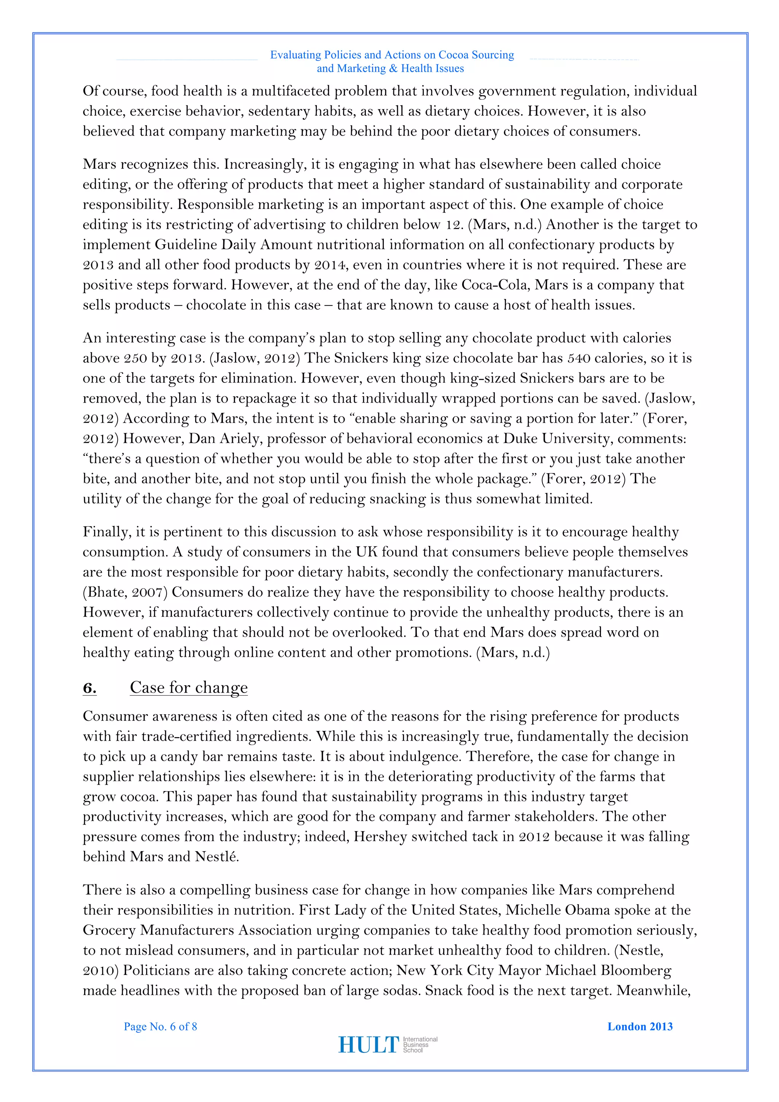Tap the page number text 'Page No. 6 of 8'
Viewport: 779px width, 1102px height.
(x=160, y=1026)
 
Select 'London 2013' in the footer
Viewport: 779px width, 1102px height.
(x=640, y=1026)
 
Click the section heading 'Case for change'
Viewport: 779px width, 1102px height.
(x=189, y=687)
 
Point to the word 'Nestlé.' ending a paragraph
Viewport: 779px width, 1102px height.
(x=217, y=857)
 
